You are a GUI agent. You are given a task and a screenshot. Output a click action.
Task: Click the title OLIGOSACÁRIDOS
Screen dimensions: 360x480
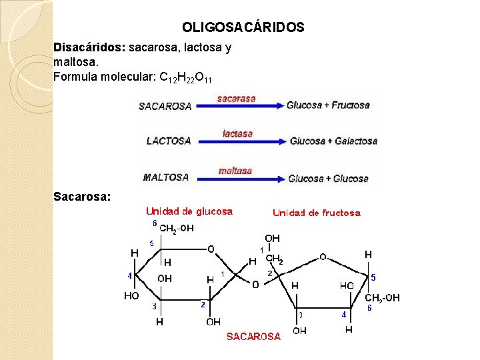(x=243, y=27)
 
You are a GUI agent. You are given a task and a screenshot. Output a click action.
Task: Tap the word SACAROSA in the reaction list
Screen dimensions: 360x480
(x=165, y=105)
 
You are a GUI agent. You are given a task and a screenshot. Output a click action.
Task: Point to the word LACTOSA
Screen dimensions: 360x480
(x=169, y=141)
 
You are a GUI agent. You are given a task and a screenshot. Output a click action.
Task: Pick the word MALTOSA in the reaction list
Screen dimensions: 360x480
(x=166, y=177)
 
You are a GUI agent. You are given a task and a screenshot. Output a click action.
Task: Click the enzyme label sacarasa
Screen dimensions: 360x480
(x=236, y=98)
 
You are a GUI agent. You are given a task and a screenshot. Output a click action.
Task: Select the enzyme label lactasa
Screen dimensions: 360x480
(x=237, y=133)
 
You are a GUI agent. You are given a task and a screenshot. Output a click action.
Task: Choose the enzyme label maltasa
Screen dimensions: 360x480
(x=235, y=171)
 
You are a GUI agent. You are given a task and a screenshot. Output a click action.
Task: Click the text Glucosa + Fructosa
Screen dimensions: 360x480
(x=328, y=105)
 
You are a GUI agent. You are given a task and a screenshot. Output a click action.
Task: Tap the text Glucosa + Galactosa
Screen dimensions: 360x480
(x=333, y=141)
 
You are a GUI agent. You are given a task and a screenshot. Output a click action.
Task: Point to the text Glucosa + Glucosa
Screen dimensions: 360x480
(x=328, y=178)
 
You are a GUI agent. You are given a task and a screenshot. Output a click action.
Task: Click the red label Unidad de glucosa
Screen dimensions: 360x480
(x=189, y=211)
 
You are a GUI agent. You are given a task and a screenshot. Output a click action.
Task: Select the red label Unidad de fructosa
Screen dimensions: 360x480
(x=316, y=213)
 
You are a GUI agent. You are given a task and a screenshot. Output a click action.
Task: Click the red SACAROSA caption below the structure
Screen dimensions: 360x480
(x=253, y=336)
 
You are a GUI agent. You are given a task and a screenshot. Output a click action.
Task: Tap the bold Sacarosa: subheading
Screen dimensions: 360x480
(x=82, y=197)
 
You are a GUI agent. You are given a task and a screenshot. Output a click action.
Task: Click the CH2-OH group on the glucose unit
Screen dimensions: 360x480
(x=176, y=228)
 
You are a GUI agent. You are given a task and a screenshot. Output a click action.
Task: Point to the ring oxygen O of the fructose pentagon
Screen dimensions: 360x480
(x=323, y=257)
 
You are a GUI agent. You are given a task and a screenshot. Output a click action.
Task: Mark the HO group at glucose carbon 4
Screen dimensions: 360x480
(x=131, y=296)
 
